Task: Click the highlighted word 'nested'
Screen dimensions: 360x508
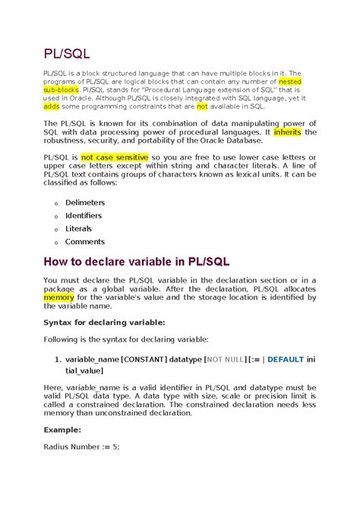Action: pyautogui.click(x=291, y=80)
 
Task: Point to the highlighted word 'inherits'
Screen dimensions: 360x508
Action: pyautogui.click(x=286, y=132)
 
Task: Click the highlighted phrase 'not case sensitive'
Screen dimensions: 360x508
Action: pyautogui.click(x=116, y=158)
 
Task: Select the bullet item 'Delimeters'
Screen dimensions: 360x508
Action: pyautogui.click(x=85, y=203)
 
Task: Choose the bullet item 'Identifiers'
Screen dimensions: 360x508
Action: pyautogui.click(x=84, y=216)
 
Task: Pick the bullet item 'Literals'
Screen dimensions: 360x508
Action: pyautogui.click(x=79, y=229)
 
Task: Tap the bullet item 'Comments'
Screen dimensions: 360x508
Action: pyautogui.click(x=85, y=241)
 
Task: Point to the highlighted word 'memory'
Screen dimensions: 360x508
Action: pyautogui.click(x=58, y=298)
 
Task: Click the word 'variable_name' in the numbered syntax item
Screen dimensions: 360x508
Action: pyautogui.click(x=92, y=358)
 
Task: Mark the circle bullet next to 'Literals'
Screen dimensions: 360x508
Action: pyautogui.click(x=55, y=229)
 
